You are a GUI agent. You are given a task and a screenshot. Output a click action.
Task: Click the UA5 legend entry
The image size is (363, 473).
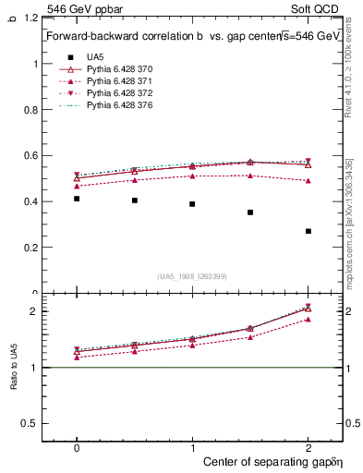click(96, 57)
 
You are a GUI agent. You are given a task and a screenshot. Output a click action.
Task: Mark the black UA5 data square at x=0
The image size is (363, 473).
click(77, 199)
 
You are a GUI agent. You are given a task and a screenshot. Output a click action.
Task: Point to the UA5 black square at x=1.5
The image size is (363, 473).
click(250, 212)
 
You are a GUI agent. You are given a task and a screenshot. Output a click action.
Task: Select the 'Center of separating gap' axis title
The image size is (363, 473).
click(267, 460)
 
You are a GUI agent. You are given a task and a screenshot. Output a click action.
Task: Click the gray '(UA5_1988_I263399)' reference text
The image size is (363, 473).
click(192, 276)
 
